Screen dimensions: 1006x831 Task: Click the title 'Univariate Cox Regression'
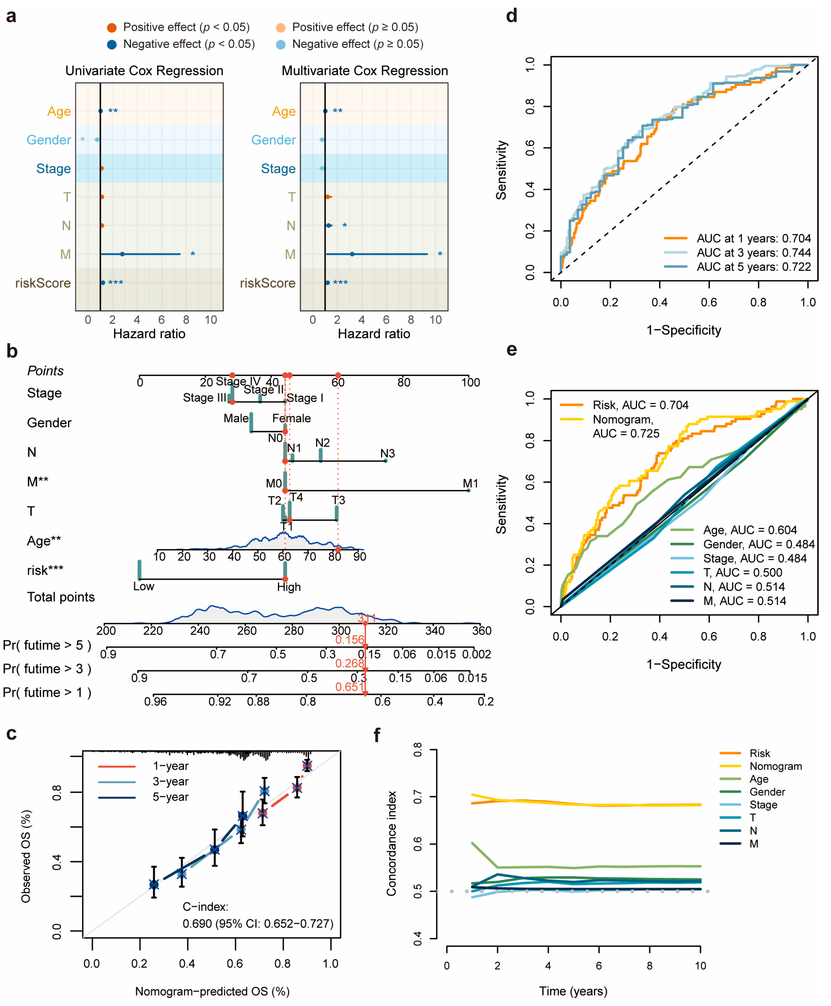point(144,71)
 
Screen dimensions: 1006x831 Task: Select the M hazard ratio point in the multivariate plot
point(352,254)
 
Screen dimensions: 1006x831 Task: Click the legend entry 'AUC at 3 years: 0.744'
point(754,253)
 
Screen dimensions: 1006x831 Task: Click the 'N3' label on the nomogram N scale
point(387,453)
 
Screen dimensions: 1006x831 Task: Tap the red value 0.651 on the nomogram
point(349,687)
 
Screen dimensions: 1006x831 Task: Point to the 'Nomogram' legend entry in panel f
point(776,766)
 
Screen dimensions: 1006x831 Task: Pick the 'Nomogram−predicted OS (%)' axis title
point(212,991)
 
